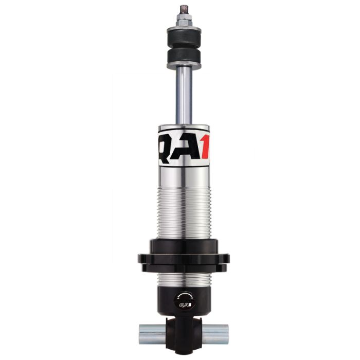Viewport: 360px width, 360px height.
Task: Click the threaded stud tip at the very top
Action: [x=184, y=9]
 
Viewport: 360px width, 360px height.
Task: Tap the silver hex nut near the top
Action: [x=184, y=20]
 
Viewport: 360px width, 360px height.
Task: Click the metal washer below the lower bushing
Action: [x=184, y=65]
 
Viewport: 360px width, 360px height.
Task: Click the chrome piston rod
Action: [x=184, y=95]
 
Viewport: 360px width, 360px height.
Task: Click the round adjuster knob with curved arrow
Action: [x=184, y=300]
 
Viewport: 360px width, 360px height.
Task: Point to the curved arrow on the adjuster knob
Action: [x=184, y=295]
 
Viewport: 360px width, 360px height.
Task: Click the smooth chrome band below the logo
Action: [x=184, y=177]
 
